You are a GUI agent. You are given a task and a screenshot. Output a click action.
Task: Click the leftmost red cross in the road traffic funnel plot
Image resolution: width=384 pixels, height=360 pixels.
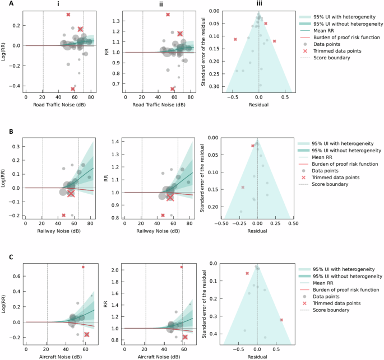[235, 39]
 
